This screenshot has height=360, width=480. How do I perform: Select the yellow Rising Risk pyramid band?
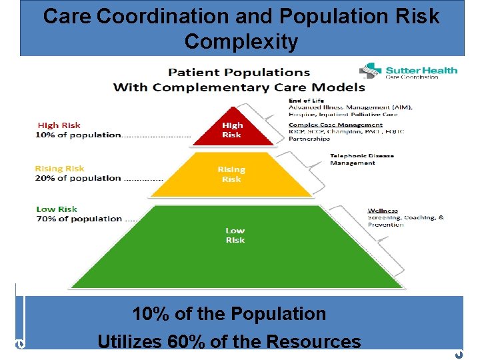point(231,175)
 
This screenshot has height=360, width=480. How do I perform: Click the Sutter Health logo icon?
point(371,71)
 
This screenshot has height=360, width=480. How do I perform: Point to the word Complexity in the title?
point(241,42)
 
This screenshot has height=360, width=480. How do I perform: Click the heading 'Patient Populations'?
point(239,72)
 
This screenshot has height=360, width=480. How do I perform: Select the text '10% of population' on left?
point(79,135)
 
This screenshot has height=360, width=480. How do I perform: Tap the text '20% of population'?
point(79,178)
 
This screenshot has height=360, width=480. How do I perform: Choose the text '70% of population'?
point(79,219)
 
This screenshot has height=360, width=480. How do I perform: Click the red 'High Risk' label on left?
point(59,125)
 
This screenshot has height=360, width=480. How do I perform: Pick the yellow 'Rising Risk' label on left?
point(60,169)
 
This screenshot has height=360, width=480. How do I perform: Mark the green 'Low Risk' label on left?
point(57,209)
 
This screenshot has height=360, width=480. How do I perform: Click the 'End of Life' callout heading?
point(305,101)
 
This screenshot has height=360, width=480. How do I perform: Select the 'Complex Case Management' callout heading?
point(335,125)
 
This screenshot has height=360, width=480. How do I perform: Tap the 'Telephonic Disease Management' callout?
point(361,159)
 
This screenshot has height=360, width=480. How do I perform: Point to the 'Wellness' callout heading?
point(383,211)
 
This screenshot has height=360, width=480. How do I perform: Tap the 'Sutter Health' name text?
point(421,70)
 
